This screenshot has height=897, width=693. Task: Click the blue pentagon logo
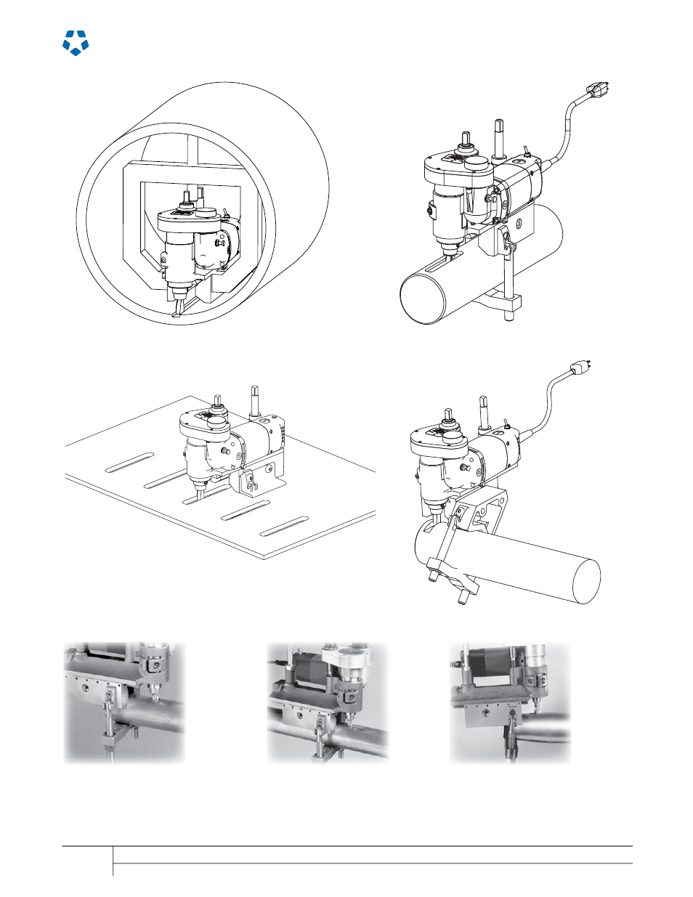76,43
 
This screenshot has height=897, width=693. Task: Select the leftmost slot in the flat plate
130,462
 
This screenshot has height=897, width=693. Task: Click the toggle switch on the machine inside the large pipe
227,214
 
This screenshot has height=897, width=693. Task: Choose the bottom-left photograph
124,702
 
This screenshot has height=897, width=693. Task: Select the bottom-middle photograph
328,702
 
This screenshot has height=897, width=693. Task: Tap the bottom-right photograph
510,702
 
